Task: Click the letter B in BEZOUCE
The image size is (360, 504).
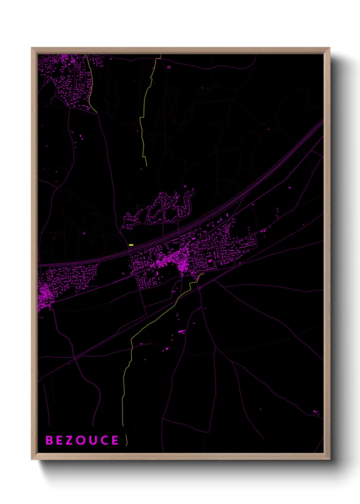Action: tap(49, 440)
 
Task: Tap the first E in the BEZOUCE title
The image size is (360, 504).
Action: tap(60, 440)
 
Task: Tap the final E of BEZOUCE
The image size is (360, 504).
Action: tap(115, 440)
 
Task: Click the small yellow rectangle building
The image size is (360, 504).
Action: tap(131, 245)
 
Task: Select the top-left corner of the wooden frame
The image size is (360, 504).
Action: tap(32, 48)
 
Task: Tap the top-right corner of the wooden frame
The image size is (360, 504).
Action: tap(329, 48)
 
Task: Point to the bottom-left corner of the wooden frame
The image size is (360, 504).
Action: tap(32, 459)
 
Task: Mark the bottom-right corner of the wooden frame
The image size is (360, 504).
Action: tap(329, 459)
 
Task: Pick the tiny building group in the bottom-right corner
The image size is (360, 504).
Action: tap(316, 412)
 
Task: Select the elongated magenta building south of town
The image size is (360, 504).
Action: tap(181, 331)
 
